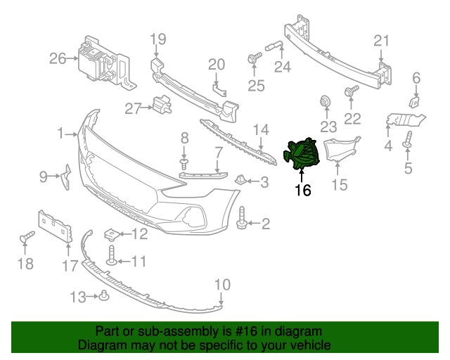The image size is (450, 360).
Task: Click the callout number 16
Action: (x=302, y=189)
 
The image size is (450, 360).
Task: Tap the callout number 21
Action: (x=380, y=41)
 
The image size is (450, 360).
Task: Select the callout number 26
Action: (x=57, y=58)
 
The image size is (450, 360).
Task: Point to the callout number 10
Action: (x=221, y=284)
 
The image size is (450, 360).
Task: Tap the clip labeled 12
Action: (x=110, y=233)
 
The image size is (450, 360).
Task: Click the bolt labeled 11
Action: (x=110, y=259)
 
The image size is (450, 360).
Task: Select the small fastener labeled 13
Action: (x=103, y=295)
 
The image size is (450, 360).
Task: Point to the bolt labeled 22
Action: (x=352, y=91)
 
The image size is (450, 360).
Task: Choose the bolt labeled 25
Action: (x=252, y=61)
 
